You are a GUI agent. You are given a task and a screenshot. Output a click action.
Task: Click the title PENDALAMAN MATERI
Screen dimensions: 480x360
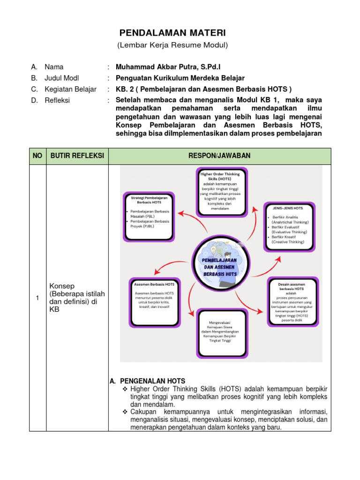(x=172, y=33)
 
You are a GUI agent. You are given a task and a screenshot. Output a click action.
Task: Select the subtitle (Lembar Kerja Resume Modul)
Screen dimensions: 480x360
(x=172, y=45)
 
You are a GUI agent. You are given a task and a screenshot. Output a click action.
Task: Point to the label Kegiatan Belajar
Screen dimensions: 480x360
(x=70, y=89)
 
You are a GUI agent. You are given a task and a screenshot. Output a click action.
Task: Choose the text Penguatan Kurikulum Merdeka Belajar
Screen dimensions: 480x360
(x=180, y=78)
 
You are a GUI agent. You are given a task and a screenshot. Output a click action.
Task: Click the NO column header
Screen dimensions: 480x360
(x=37, y=156)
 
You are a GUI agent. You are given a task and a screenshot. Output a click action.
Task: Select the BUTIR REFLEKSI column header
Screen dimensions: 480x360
(x=77, y=156)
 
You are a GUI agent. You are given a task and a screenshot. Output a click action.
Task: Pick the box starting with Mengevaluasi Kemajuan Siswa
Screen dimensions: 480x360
(x=223, y=331)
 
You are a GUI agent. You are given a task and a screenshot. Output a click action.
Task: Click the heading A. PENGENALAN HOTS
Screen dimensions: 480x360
(x=148, y=381)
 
